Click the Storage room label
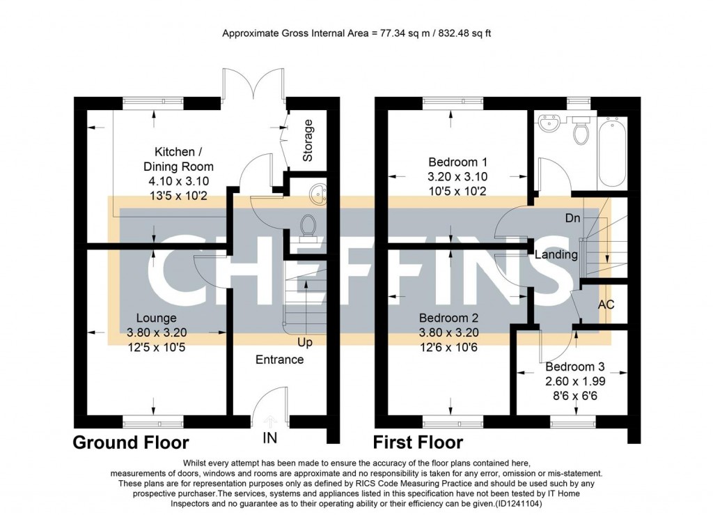click(x=308, y=140)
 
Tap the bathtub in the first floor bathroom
click(x=612, y=151)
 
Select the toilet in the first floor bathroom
click(x=581, y=130)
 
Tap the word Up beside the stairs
click(x=305, y=342)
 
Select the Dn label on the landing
click(x=573, y=218)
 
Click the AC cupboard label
click(x=606, y=305)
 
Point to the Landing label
click(x=556, y=255)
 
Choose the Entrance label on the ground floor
click(x=279, y=360)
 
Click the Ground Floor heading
click(x=131, y=443)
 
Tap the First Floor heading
click(x=418, y=443)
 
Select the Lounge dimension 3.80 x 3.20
click(x=157, y=333)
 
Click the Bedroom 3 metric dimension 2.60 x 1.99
click(x=575, y=381)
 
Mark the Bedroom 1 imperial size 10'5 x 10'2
click(x=457, y=192)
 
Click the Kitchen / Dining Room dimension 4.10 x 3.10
click(x=179, y=181)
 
